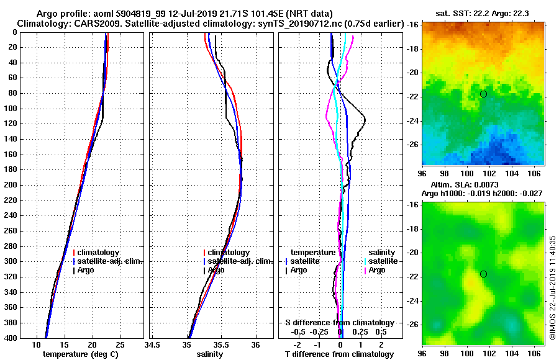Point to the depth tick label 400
coord(10,338)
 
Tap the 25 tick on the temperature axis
coord(120,345)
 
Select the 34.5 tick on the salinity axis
coord(152,345)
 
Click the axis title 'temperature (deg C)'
coord(80,354)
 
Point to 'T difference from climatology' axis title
coord(339,354)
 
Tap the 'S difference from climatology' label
coord(339,323)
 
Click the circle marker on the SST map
coord(483,94)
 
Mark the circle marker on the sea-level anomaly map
coord(483,274)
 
